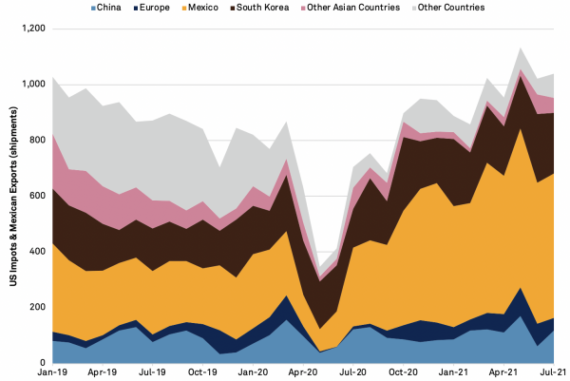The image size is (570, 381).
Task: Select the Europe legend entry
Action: coord(175,8)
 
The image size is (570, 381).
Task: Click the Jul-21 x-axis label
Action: coord(553,374)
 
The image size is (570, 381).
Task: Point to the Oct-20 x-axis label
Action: coord(403,374)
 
